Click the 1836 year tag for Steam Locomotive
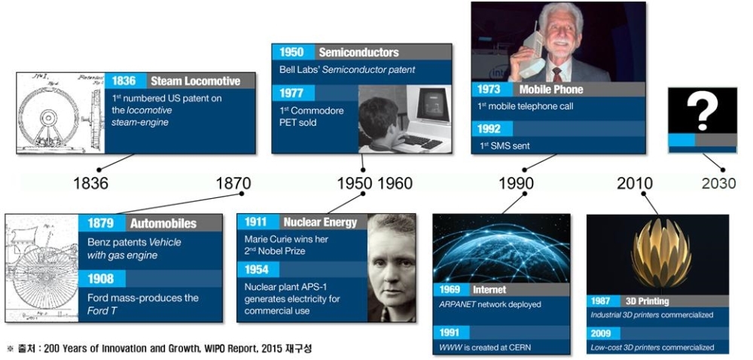[124, 81]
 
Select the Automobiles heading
[163, 223]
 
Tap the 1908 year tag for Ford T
[100, 279]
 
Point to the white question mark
[701, 111]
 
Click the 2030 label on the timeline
[718, 183]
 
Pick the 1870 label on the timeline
[233, 183]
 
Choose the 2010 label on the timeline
[635, 183]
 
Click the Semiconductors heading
[358, 52]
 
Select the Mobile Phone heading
[551, 90]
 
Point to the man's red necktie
[556, 75]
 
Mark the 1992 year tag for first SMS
[489, 129]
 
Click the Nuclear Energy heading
[320, 221]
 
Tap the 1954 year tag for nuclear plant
[257, 270]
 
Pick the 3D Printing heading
[647, 301]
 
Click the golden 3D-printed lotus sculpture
[661, 255]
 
